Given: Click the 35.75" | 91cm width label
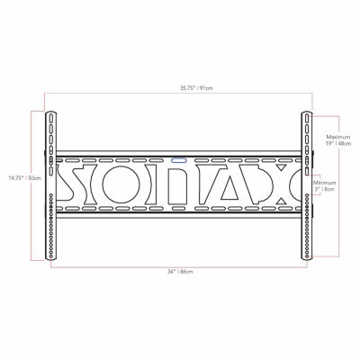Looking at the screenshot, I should pyautogui.click(x=180, y=87).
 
